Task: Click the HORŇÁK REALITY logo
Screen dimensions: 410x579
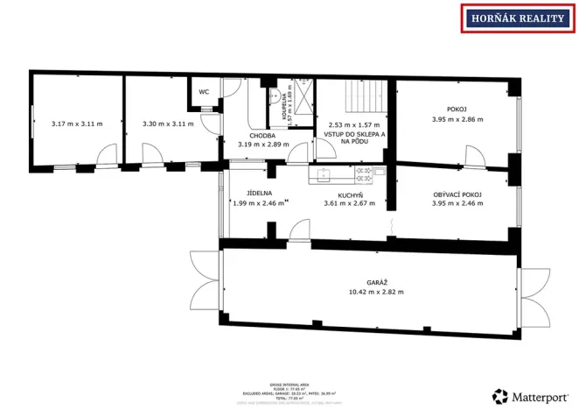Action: (x=516, y=18)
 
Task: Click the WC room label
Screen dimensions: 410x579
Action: (x=204, y=91)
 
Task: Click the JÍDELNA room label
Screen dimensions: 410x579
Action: (x=260, y=193)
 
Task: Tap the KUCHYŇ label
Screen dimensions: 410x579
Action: (x=349, y=193)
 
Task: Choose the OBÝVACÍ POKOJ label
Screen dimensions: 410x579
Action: (x=457, y=194)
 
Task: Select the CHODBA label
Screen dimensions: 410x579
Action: (x=262, y=136)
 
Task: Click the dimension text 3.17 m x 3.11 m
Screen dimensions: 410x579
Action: (x=76, y=124)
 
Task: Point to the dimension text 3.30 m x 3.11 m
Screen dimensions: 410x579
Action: (x=167, y=124)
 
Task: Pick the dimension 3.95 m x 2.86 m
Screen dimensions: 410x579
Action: (x=457, y=119)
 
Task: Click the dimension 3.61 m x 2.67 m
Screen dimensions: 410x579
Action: (x=349, y=202)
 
